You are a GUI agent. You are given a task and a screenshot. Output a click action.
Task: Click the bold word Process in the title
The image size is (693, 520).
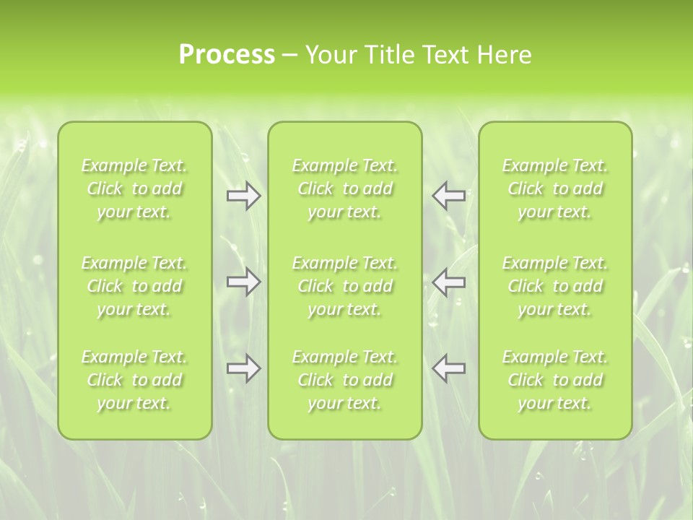pyautogui.click(x=227, y=55)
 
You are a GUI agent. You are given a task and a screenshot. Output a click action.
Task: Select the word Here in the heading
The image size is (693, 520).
pyautogui.click(x=505, y=55)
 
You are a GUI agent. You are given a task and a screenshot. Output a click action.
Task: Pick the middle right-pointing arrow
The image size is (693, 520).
pyautogui.click(x=243, y=282)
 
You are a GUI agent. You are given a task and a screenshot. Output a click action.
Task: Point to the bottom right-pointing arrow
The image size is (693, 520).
pyautogui.click(x=243, y=368)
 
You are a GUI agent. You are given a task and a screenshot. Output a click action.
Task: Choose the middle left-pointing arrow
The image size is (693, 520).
pyautogui.click(x=449, y=282)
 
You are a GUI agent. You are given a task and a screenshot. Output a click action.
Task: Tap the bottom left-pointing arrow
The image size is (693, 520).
pyautogui.click(x=449, y=368)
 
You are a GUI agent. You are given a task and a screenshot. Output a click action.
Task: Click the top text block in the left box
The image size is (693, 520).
pyautogui.click(x=134, y=188)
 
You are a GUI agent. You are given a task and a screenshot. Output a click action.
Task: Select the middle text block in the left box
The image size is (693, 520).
pyautogui.click(x=134, y=286)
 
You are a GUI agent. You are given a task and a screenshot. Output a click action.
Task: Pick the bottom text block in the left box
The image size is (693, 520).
pyautogui.click(x=134, y=380)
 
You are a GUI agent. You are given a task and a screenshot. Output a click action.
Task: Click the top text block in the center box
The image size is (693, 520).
pyautogui.click(x=345, y=188)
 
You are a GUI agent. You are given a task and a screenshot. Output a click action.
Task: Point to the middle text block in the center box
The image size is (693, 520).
pyautogui.click(x=345, y=286)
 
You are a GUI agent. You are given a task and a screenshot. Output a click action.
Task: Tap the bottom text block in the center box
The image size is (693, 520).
pyautogui.click(x=345, y=380)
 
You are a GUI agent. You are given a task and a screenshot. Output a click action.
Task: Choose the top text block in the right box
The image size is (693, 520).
pyautogui.click(x=555, y=188)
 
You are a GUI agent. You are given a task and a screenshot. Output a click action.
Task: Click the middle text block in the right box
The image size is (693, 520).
pyautogui.click(x=555, y=286)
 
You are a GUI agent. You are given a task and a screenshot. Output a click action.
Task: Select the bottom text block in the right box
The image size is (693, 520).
pyautogui.click(x=555, y=380)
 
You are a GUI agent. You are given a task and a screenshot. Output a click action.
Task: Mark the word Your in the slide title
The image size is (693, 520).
pyautogui.click(x=329, y=55)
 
